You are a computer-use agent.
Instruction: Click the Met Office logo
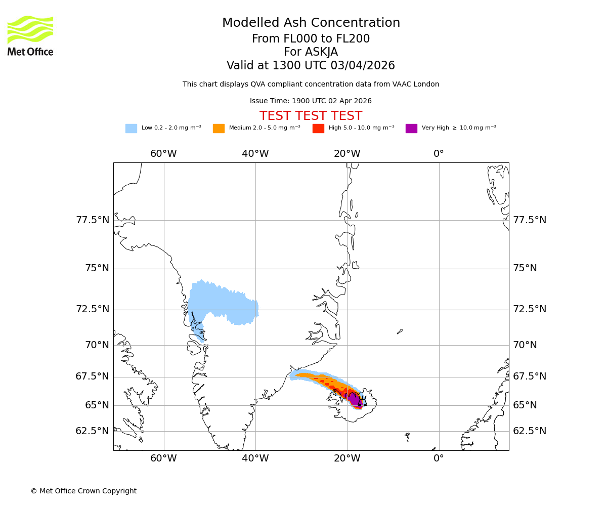(30, 35)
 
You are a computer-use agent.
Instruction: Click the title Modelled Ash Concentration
(311, 23)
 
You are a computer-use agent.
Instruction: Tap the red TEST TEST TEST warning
(311, 116)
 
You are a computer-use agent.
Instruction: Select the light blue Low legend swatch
(131, 129)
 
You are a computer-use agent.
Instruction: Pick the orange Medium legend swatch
(219, 129)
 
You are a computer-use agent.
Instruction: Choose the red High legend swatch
(318, 129)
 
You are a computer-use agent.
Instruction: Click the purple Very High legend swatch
(411, 129)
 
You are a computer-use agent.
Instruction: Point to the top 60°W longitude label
(163, 154)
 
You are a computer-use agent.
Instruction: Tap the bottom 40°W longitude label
(255, 458)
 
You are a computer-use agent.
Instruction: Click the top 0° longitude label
(439, 154)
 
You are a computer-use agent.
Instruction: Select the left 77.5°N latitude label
(93, 220)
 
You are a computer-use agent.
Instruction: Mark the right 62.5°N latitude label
(530, 431)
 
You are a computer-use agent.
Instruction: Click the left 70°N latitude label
(97, 345)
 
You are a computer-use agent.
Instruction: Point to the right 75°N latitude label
(525, 268)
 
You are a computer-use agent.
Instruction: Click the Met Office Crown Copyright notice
(83, 491)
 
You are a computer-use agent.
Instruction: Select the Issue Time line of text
(311, 101)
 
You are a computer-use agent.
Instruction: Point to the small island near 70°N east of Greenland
(400, 331)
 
